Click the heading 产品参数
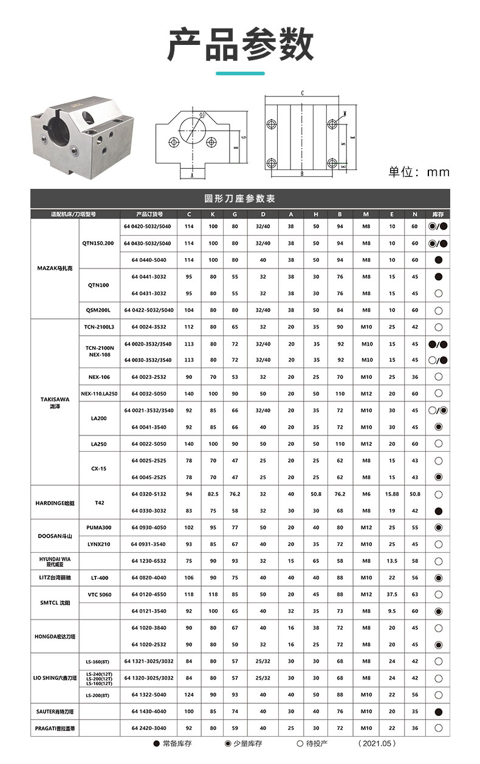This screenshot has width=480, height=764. click(x=240, y=44)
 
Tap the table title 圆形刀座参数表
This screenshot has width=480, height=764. click(x=240, y=199)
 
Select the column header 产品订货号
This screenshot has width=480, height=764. click(x=149, y=214)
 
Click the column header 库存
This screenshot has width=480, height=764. click(x=437, y=214)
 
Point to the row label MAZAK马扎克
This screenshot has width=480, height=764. click(x=55, y=268)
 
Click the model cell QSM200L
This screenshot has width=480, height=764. click(x=99, y=310)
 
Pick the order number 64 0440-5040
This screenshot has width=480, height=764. click(x=149, y=260)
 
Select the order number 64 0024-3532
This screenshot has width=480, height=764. click(x=149, y=327)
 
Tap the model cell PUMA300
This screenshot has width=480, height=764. click(x=99, y=527)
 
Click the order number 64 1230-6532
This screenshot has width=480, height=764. click(x=149, y=561)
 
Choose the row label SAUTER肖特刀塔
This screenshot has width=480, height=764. click(x=55, y=711)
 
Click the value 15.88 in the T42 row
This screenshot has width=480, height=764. click(x=392, y=494)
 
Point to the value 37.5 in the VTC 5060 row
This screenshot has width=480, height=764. click(x=392, y=594)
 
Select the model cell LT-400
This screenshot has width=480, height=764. click(x=99, y=578)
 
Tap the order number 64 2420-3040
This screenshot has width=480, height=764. click(x=149, y=728)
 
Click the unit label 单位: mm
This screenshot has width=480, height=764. click(x=419, y=172)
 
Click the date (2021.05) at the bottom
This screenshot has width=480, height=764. click(x=377, y=743)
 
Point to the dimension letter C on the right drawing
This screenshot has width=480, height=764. click(x=302, y=94)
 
